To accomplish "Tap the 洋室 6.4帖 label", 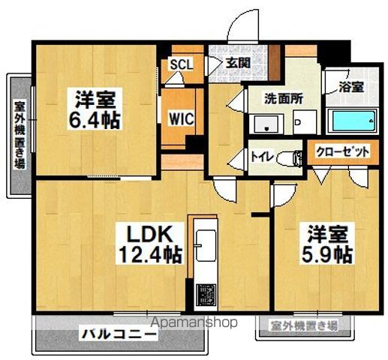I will (97, 109).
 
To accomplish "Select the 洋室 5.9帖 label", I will (324, 242).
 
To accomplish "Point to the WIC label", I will (182, 118).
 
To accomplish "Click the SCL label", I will (181, 64).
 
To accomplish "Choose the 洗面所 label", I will (282, 97).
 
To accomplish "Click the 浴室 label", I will (350, 86).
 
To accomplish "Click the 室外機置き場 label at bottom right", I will (304, 325).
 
